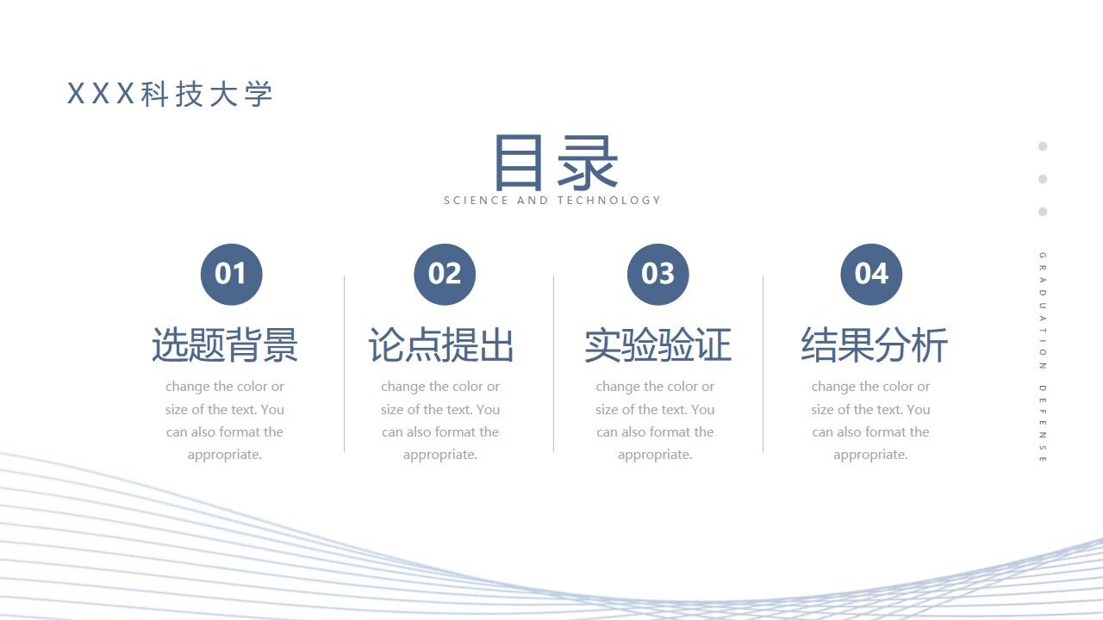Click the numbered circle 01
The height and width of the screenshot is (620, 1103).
coord(231,274)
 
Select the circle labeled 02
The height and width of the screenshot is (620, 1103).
coord(445,274)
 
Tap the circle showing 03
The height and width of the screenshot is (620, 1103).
coord(657,274)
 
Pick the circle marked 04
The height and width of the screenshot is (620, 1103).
coord(871,274)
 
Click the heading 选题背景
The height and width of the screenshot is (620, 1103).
coord(225,345)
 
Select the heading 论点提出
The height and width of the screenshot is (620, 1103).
coord(440,345)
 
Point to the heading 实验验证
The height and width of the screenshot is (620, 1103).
coord(657,345)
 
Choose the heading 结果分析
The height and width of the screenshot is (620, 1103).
coord(874,345)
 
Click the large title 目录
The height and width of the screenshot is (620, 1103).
coord(555,163)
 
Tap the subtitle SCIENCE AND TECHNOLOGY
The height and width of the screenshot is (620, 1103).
coord(552,201)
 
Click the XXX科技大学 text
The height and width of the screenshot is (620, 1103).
coord(170,94)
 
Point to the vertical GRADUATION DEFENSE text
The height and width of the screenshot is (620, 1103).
coord(1043,357)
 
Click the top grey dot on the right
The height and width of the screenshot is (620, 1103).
coord(1043,146)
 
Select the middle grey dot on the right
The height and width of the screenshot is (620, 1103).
coord(1043,179)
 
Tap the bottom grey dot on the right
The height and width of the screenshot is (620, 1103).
coord(1043,212)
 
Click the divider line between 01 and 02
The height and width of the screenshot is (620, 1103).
coord(345,363)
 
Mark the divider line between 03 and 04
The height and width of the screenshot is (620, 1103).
coord(763,363)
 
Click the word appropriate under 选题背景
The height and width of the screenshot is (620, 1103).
coord(224,455)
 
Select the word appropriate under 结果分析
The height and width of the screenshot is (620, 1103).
coord(870,455)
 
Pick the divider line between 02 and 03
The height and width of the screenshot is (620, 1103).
coord(554,363)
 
